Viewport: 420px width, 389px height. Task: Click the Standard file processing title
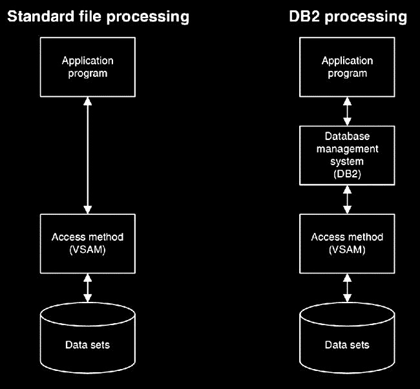98,16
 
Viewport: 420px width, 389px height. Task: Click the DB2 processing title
348,16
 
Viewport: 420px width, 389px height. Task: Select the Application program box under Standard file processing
88,67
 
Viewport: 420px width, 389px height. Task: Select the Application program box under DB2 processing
348,67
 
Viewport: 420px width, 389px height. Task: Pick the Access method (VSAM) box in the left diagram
88,243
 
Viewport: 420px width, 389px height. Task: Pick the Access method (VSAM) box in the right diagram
348,243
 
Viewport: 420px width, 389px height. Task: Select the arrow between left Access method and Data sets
88,288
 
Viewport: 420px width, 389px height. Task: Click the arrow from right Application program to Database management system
348,111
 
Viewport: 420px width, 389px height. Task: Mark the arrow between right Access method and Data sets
348,288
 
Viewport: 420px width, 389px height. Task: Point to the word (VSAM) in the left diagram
88,249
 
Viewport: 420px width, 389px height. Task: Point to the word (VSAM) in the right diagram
348,249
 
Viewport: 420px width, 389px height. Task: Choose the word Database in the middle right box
348,137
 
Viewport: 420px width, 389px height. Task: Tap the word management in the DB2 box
348,148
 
